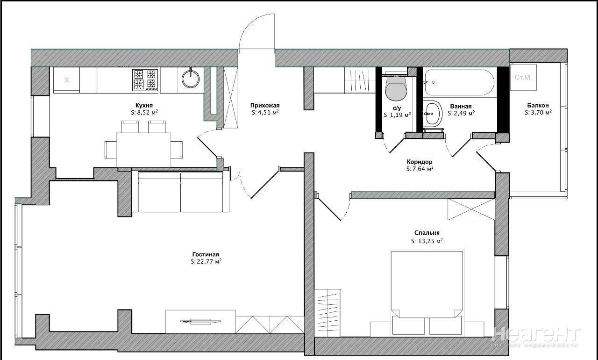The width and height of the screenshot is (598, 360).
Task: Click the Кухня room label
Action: (144, 105)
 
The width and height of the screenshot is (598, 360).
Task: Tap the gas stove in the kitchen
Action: (145, 79)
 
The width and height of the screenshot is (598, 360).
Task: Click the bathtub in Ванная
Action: (459, 82)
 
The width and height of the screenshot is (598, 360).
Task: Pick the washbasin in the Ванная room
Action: (433, 114)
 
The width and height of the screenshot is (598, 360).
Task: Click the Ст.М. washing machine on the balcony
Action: (523, 77)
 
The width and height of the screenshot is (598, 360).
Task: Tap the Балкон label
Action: (538, 105)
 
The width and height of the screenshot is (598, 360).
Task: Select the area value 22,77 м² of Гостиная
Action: (206, 261)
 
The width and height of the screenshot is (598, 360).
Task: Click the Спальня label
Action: (427, 233)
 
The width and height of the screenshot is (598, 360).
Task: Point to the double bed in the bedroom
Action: (427, 293)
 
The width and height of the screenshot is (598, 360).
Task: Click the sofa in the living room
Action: (181, 192)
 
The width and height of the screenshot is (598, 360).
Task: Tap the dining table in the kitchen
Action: (143, 150)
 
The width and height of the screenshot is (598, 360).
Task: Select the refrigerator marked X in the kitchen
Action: (66, 79)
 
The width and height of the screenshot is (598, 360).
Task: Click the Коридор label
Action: (420, 162)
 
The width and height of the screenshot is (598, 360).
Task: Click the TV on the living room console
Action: (200, 322)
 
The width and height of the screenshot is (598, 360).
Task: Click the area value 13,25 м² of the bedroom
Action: (427, 241)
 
